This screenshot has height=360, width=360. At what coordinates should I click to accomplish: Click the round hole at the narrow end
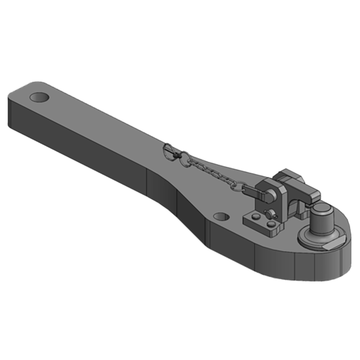pyautogui.click(x=40, y=97)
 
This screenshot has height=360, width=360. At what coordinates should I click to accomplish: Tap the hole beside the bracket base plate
pyautogui.click(x=220, y=217)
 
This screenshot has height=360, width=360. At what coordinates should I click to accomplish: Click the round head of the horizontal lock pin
pyautogui.click(x=271, y=194)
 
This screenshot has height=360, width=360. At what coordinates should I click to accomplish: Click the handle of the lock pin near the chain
pyautogui.click(x=256, y=191)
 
